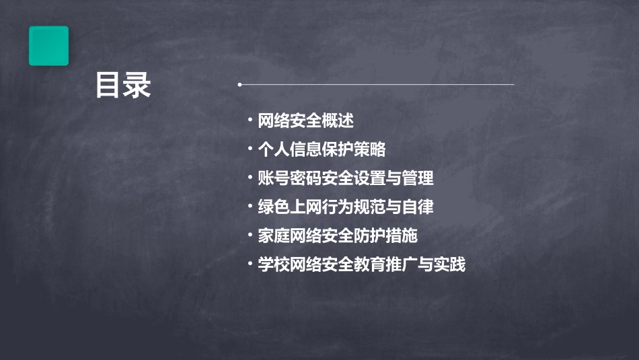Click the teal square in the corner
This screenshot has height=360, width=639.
point(48,46)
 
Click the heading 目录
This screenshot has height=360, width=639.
point(123,85)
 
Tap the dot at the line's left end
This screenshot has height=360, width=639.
point(239,85)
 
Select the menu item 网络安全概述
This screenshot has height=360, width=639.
point(306,121)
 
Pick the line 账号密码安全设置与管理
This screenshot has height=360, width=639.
point(346,178)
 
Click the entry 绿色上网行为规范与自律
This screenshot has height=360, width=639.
point(346,207)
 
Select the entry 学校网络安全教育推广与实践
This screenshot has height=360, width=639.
point(362,264)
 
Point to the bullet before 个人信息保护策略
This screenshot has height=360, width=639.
point(250,149)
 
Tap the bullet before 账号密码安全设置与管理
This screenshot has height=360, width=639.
point(250,178)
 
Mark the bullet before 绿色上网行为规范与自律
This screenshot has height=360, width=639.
point(250,206)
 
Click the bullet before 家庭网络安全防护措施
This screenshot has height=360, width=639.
point(250,235)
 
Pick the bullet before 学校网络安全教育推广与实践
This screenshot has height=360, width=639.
point(250,264)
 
